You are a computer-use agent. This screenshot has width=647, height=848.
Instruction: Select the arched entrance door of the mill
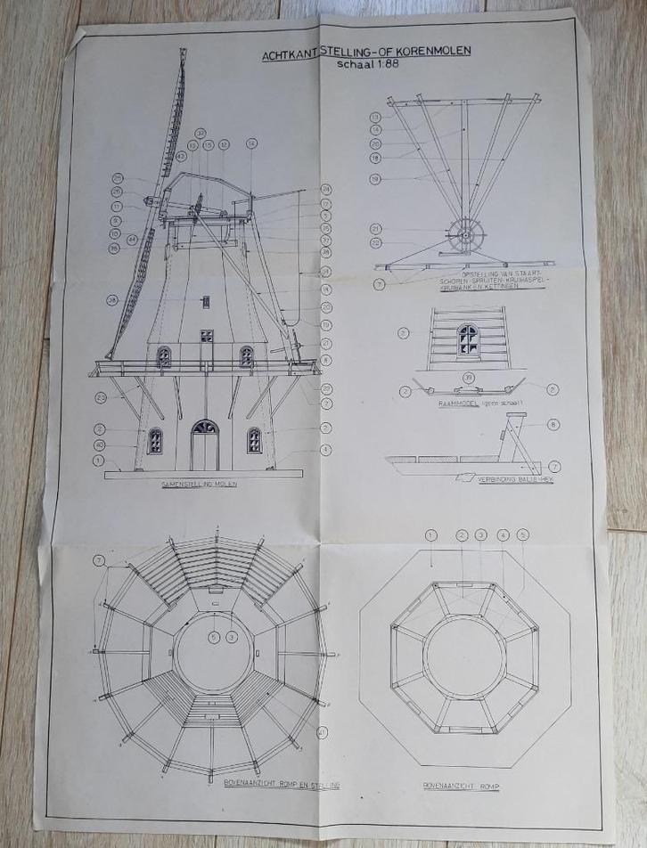coord(205,445)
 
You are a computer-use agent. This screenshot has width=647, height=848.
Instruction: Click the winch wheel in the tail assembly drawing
coord(464,237)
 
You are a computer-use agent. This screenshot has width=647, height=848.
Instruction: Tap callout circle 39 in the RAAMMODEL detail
coord(468,378)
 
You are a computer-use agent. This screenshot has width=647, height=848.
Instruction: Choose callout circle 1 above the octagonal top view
coord(431,535)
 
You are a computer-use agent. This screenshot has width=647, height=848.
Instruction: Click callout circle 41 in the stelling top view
coord(323,733)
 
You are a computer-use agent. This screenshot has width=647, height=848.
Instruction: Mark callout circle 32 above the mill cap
coord(201,133)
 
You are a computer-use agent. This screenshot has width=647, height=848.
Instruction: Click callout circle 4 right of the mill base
coord(326,449)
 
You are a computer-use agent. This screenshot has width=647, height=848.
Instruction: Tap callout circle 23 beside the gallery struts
coord(102,397)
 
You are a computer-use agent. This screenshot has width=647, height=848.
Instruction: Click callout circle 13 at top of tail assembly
coord(375,117)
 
